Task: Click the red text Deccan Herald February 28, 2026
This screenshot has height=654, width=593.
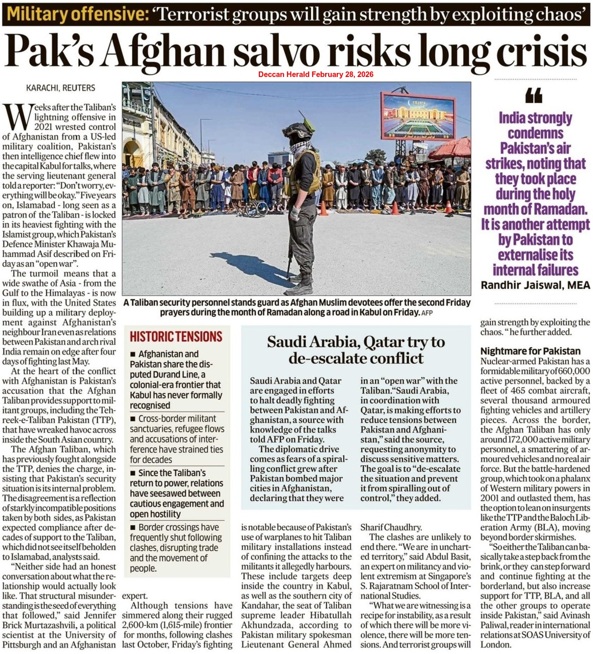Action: [x=316, y=74]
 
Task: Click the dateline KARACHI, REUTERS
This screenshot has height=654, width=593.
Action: [x=60, y=88]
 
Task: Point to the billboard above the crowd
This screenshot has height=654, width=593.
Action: [x=418, y=116]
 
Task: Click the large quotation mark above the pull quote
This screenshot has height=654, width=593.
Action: [x=534, y=95]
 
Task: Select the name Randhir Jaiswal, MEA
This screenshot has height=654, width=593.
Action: [x=535, y=285]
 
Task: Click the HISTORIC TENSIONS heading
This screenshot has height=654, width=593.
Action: [x=176, y=337]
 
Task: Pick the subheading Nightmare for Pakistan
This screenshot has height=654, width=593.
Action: [x=530, y=351]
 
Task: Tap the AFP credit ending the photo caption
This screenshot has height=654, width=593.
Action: [x=427, y=313]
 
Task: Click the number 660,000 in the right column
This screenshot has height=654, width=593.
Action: [x=572, y=371]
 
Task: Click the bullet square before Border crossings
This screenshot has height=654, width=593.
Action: [x=133, y=528]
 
